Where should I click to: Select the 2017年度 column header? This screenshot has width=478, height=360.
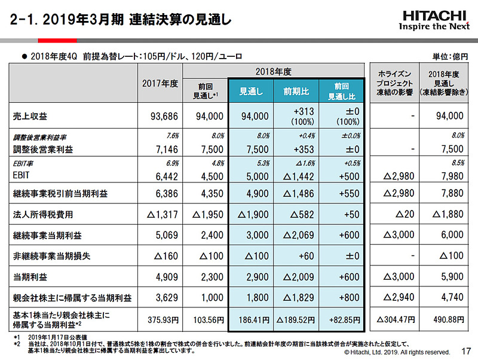[x=160, y=84]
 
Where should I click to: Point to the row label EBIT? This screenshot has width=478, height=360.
[x=22, y=176]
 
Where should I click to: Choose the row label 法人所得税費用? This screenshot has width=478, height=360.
[x=37, y=215]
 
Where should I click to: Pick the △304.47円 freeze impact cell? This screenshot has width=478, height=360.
[x=394, y=319]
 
